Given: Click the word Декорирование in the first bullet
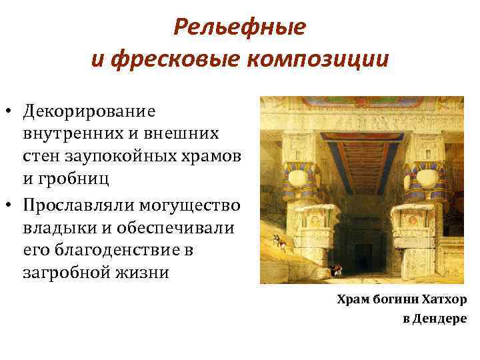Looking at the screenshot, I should (x=87, y=110).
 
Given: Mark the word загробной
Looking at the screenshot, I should (x=68, y=273).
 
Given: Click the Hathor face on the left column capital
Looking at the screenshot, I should (x=298, y=176).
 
